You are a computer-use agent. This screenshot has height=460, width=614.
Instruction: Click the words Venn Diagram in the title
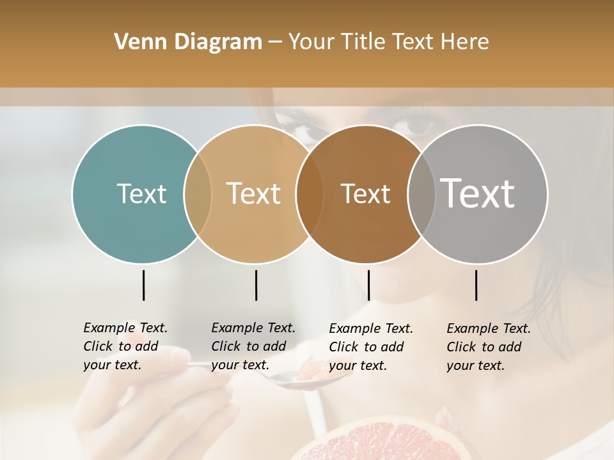188,42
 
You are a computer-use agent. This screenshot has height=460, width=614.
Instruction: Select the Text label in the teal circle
141,194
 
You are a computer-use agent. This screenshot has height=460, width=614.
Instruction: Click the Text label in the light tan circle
254,194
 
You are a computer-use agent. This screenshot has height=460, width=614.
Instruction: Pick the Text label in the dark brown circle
365,194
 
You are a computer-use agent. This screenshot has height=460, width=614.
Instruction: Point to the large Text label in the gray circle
478,194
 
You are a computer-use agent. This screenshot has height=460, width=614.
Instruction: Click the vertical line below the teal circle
143,285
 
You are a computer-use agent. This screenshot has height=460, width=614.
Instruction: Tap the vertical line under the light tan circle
256,285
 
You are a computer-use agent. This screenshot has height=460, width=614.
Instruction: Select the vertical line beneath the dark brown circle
368,285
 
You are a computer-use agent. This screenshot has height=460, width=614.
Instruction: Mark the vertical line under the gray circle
476,285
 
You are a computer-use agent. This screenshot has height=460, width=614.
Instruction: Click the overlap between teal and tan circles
198,194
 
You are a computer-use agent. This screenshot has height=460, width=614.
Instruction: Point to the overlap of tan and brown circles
310,194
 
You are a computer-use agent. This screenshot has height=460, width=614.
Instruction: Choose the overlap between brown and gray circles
420,194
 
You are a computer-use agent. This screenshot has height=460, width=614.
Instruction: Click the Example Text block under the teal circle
125,346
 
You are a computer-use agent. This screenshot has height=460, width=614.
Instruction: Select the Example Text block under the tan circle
253,346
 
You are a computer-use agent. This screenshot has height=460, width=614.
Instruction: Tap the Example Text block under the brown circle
370,347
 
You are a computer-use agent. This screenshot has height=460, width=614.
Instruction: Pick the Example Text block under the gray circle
488,347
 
